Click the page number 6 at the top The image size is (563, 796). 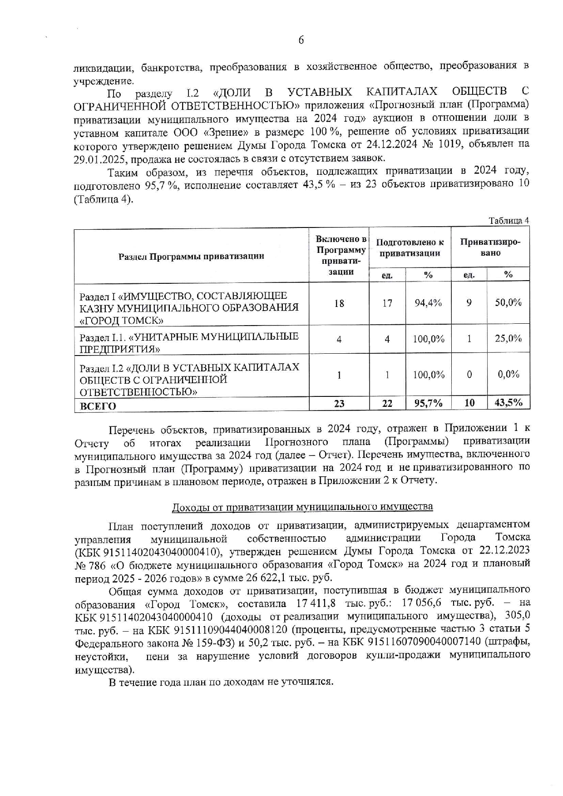click(301, 40)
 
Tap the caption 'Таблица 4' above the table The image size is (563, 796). click(509, 221)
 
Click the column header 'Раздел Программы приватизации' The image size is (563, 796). click(191, 256)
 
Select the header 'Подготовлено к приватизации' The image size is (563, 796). click(410, 247)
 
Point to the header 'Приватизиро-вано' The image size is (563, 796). click(490, 247)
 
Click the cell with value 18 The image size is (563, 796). click(339, 303)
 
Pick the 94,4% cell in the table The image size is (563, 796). click(428, 303)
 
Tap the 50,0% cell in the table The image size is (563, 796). click(508, 302)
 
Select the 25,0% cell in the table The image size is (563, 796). click(508, 338)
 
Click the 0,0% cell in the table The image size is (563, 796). click(508, 374)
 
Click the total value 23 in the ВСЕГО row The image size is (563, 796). click(339, 403)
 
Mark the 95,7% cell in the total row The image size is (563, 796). click(428, 403)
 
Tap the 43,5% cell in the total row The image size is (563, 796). click(508, 402)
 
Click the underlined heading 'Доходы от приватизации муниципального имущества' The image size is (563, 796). click(302, 506)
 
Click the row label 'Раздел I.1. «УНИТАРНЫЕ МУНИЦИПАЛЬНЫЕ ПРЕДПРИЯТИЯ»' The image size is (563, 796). click(189, 342)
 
